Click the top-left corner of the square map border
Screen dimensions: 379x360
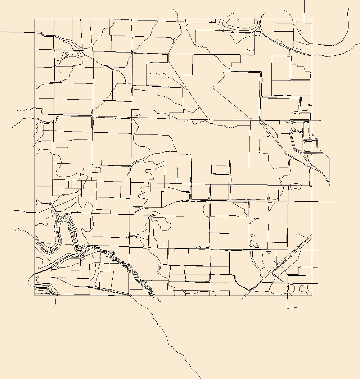tap(35, 19)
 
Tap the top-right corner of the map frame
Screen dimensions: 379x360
tap(312, 19)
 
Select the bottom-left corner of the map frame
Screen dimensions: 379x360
tap(35, 296)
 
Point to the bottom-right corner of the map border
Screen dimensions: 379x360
tap(312, 296)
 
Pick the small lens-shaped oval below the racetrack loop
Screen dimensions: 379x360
tap(251, 50)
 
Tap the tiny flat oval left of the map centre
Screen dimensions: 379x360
tap(137, 115)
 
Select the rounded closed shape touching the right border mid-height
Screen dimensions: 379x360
tap(296, 186)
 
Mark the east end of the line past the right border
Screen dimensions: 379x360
tap(339, 202)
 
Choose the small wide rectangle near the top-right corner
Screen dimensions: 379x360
tap(284, 27)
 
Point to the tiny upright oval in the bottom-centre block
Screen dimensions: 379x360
tap(159, 268)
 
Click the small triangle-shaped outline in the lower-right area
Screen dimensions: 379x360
tap(254, 244)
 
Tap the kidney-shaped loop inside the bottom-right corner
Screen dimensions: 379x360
tap(305, 288)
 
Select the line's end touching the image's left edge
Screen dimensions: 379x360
tap(1, 32)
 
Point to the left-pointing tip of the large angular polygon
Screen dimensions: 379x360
tap(213, 87)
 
